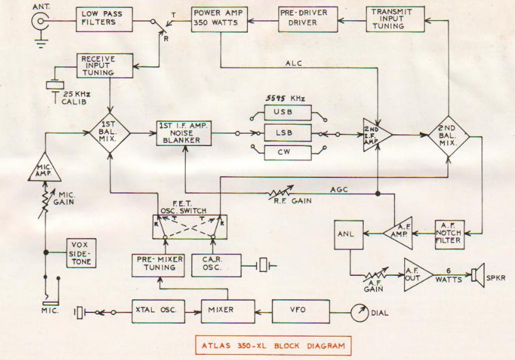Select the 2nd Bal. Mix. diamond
coord(449,134)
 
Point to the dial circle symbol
coord(359,312)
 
